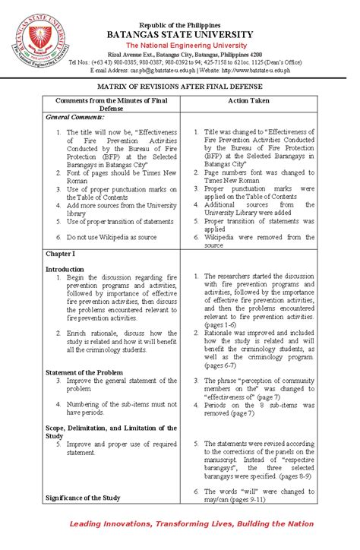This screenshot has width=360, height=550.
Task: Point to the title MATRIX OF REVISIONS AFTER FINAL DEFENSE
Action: pos(179,87)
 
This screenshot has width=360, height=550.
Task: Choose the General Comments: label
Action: pos(73,119)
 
